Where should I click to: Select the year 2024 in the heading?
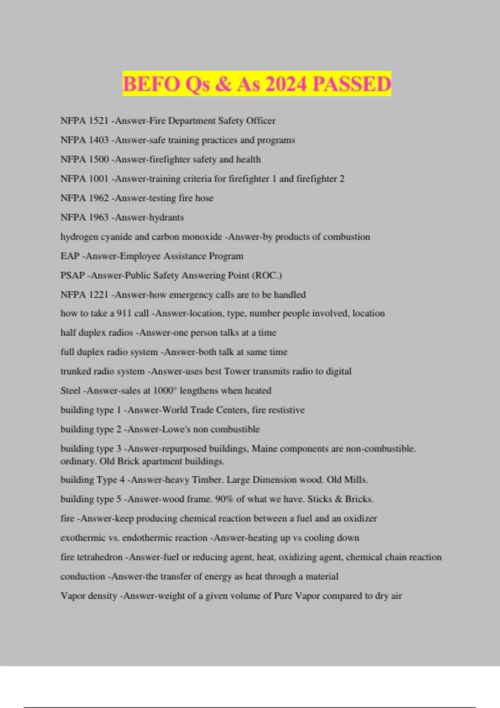285,84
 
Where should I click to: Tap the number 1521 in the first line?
99,121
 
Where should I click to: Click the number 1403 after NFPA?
99,140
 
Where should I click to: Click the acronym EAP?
70,256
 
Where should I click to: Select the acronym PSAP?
72,275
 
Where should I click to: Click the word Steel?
70,391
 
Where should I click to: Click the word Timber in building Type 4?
207,480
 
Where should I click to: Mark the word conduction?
82,576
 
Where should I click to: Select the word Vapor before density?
72,596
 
